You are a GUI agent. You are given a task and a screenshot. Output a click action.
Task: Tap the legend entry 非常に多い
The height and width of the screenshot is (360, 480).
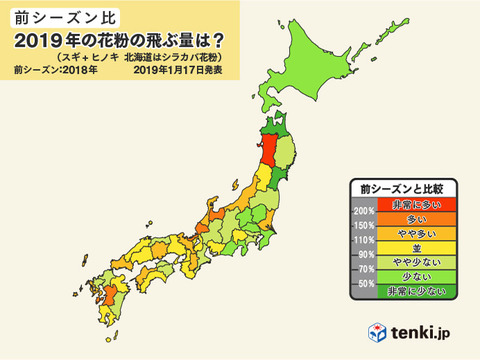(405, 204)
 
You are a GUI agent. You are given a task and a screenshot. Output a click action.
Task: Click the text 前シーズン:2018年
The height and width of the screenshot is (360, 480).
(52, 70)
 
